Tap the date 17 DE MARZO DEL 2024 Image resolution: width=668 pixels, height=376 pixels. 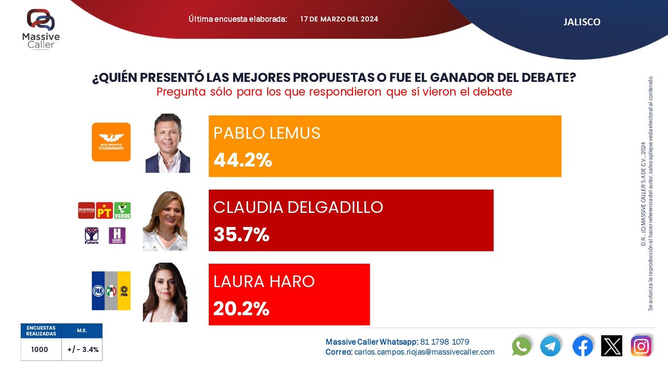(339, 19)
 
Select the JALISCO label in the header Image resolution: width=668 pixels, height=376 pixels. (582, 22)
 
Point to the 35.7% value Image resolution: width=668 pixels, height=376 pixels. (242, 235)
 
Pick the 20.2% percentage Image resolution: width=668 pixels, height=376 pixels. (241, 308)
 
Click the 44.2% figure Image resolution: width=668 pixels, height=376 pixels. (243, 160)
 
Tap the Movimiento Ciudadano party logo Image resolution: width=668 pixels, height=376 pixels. (111, 142)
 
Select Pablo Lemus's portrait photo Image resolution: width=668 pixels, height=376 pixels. (168, 144)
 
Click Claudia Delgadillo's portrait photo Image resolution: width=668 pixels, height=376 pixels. (165, 221)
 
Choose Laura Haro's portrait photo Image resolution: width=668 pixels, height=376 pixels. (165, 292)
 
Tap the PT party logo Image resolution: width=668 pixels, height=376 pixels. (105, 210)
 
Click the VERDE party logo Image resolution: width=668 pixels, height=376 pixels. (122, 210)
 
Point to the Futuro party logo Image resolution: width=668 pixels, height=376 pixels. (91, 236)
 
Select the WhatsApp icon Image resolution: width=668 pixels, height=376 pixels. (522, 346)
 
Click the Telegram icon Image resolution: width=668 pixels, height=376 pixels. (551, 346)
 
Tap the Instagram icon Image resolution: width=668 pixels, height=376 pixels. (641, 346)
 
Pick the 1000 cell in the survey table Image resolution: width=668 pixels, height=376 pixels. (40, 350)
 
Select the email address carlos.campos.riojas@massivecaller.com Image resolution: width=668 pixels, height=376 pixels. (424, 352)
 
